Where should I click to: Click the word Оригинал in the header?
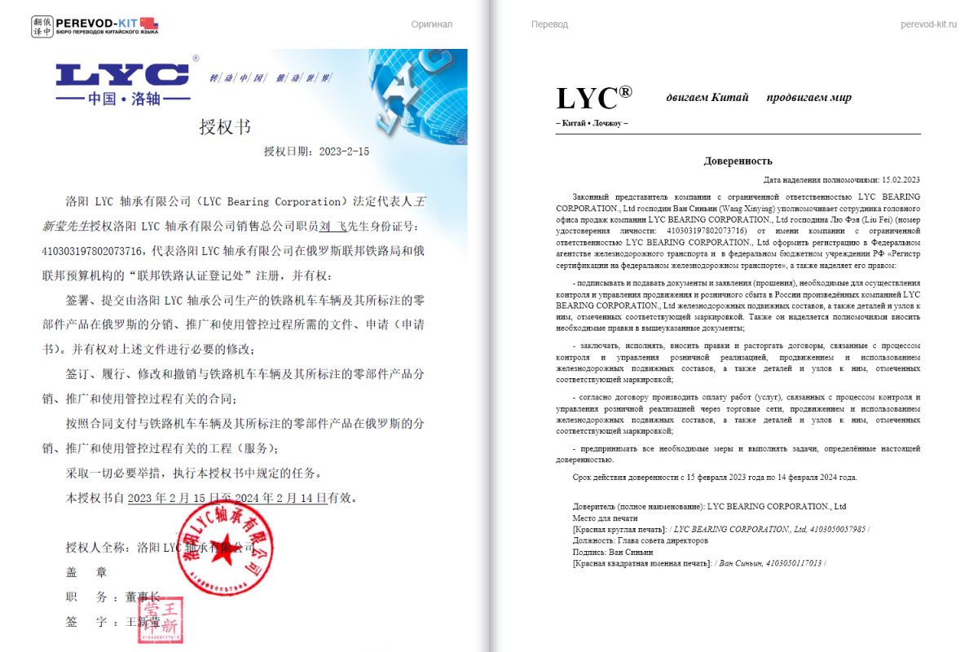click(431, 24)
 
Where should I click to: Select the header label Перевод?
click(549, 24)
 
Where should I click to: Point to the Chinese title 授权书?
click(225, 127)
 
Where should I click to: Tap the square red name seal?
click(160, 620)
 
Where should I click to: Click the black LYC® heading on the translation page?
click(593, 99)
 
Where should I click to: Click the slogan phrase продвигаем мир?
click(808, 98)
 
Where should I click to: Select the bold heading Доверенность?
click(738, 161)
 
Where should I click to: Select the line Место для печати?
click(605, 518)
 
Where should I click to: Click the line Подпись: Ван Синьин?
click(613, 552)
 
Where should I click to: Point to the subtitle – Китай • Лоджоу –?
click(592, 123)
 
